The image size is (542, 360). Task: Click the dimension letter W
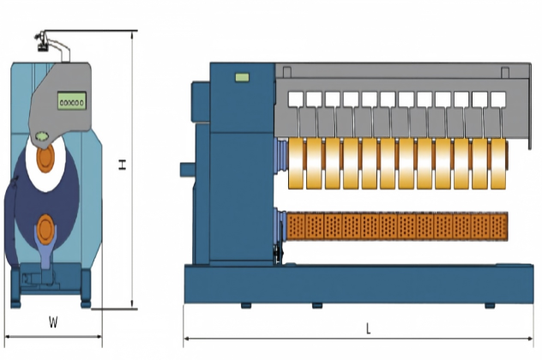click(53, 322)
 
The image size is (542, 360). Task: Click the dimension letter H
click(123, 165)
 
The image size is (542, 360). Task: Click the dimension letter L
click(368, 328)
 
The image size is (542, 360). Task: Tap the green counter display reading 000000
click(72, 101)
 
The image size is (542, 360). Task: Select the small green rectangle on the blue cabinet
click(243, 77)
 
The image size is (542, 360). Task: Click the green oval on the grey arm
click(42, 136)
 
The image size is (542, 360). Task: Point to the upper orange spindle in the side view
click(45, 159)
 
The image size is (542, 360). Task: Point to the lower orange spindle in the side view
click(45, 229)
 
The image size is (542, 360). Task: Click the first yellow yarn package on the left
click(296, 164)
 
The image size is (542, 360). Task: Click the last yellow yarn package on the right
click(498, 164)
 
